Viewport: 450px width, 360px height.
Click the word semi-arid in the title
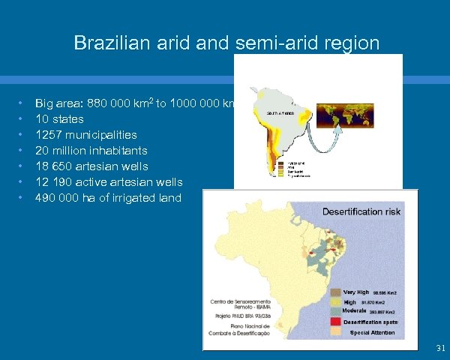[259, 43]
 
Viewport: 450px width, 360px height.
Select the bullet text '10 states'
[59, 119]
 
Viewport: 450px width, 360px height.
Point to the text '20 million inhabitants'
[91, 151]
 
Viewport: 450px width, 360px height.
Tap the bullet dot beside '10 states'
[22, 119]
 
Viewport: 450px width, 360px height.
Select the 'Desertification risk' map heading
[361, 211]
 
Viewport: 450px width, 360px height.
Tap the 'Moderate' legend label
[354, 310]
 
